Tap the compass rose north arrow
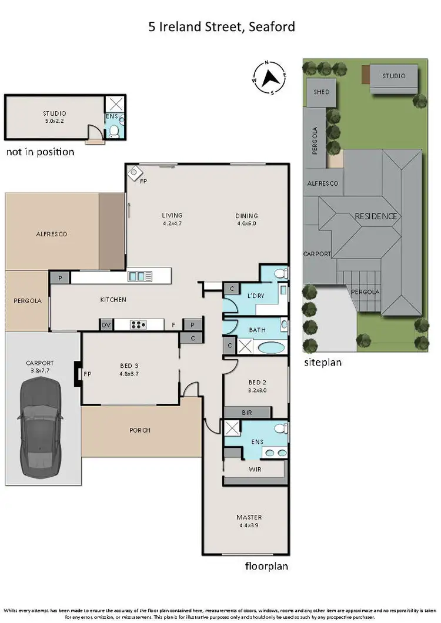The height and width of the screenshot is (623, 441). [270, 77]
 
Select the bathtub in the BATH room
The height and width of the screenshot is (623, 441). [270, 346]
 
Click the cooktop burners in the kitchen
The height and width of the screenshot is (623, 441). [138, 324]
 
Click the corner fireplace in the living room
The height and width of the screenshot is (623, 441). [135, 173]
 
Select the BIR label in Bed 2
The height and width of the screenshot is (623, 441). [246, 413]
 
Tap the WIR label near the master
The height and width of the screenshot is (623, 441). [255, 470]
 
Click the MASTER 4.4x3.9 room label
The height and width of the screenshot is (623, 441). [249, 521]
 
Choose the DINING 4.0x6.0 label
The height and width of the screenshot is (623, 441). [247, 219]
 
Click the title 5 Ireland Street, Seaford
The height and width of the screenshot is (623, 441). [220, 26]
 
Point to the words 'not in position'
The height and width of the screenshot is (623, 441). [40, 152]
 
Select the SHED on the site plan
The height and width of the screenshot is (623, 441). [321, 92]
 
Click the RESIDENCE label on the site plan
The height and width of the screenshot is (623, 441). [376, 216]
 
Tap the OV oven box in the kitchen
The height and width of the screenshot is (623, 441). [106, 324]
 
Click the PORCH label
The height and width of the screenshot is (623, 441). [139, 430]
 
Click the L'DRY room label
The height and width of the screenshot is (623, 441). [255, 296]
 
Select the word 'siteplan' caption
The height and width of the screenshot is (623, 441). [322, 363]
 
